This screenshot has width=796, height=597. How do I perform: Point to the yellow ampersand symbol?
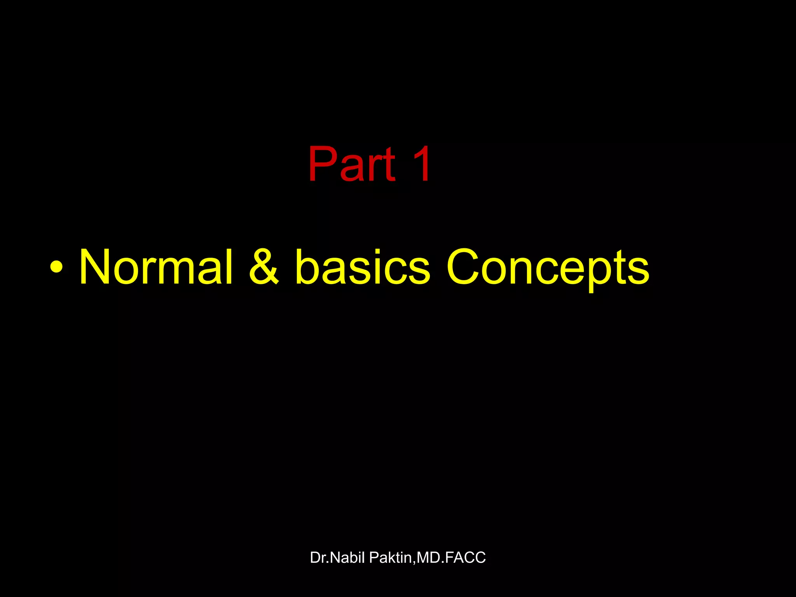pyautogui.click(x=264, y=268)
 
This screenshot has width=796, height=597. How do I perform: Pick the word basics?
pyautogui.click(x=362, y=268)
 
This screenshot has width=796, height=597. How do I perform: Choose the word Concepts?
pyautogui.click(x=548, y=268)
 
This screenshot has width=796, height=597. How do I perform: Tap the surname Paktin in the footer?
pyautogui.click(x=390, y=558)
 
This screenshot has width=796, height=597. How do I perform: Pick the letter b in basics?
pyautogui.click(x=307, y=268)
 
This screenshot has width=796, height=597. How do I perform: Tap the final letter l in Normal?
pyautogui.click(x=229, y=268)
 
